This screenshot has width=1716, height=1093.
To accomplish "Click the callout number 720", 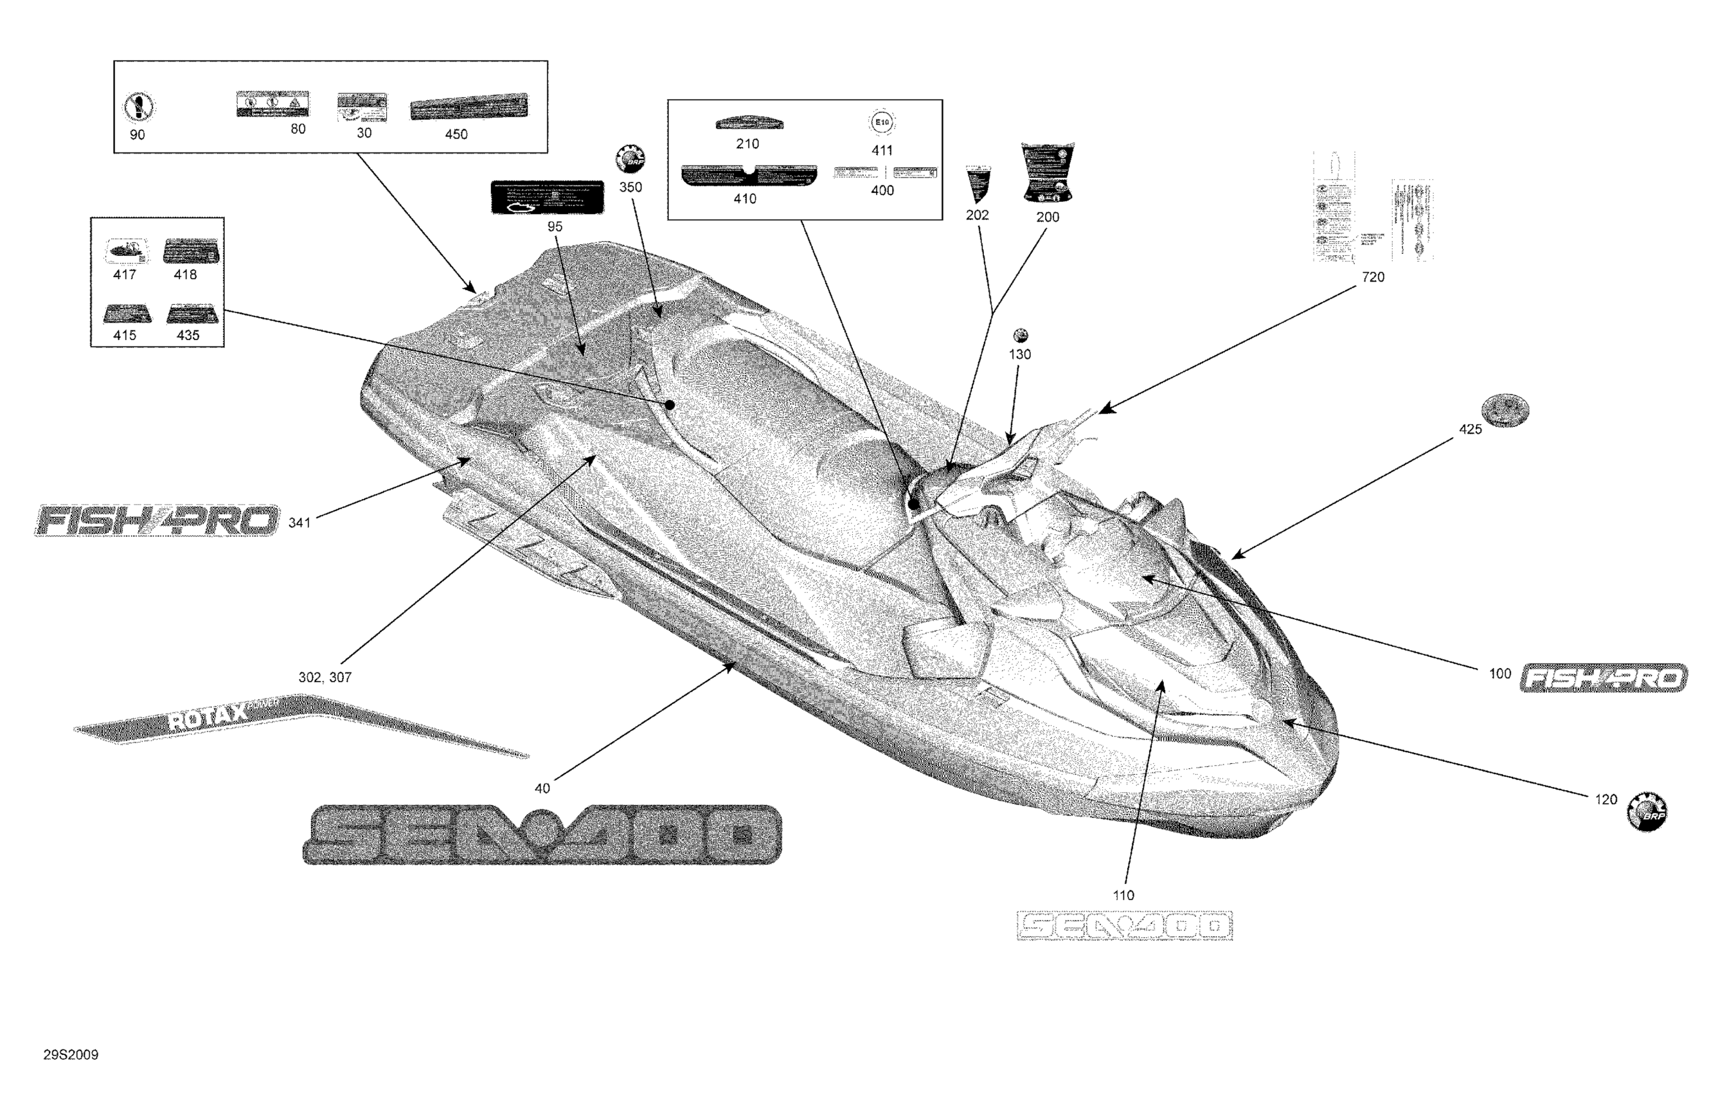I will click(x=1373, y=277).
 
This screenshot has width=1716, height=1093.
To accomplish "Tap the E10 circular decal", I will click(x=882, y=123).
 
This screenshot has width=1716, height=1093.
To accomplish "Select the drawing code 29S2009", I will click(x=71, y=1054).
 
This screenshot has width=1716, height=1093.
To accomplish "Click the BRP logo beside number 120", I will click(x=1647, y=812).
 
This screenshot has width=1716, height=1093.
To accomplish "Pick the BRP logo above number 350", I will click(x=630, y=159).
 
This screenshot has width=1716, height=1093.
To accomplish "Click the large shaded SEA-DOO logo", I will click(x=542, y=834).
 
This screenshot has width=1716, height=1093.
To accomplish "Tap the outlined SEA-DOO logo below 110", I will click(x=1125, y=925).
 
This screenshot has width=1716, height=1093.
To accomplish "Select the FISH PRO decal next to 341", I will click(x=157, y=521).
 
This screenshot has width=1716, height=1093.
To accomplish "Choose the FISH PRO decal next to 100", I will click(x=1604, y=677).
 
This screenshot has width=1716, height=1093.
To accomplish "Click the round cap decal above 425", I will click(x=1505, y=410).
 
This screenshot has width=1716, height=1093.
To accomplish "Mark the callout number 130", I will click(x=1020, y=354).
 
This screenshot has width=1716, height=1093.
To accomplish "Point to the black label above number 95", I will click(x=548, y=197).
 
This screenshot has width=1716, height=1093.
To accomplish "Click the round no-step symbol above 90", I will click(x=139, y=107).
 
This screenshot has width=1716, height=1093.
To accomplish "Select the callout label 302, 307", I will click(x=325, y=677).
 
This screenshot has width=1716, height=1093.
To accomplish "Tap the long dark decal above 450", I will click(x=469, y=107).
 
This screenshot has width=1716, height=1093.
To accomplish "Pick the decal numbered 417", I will click(x=127, y=251).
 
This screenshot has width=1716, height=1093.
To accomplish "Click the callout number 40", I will click(x=542, y=788).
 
